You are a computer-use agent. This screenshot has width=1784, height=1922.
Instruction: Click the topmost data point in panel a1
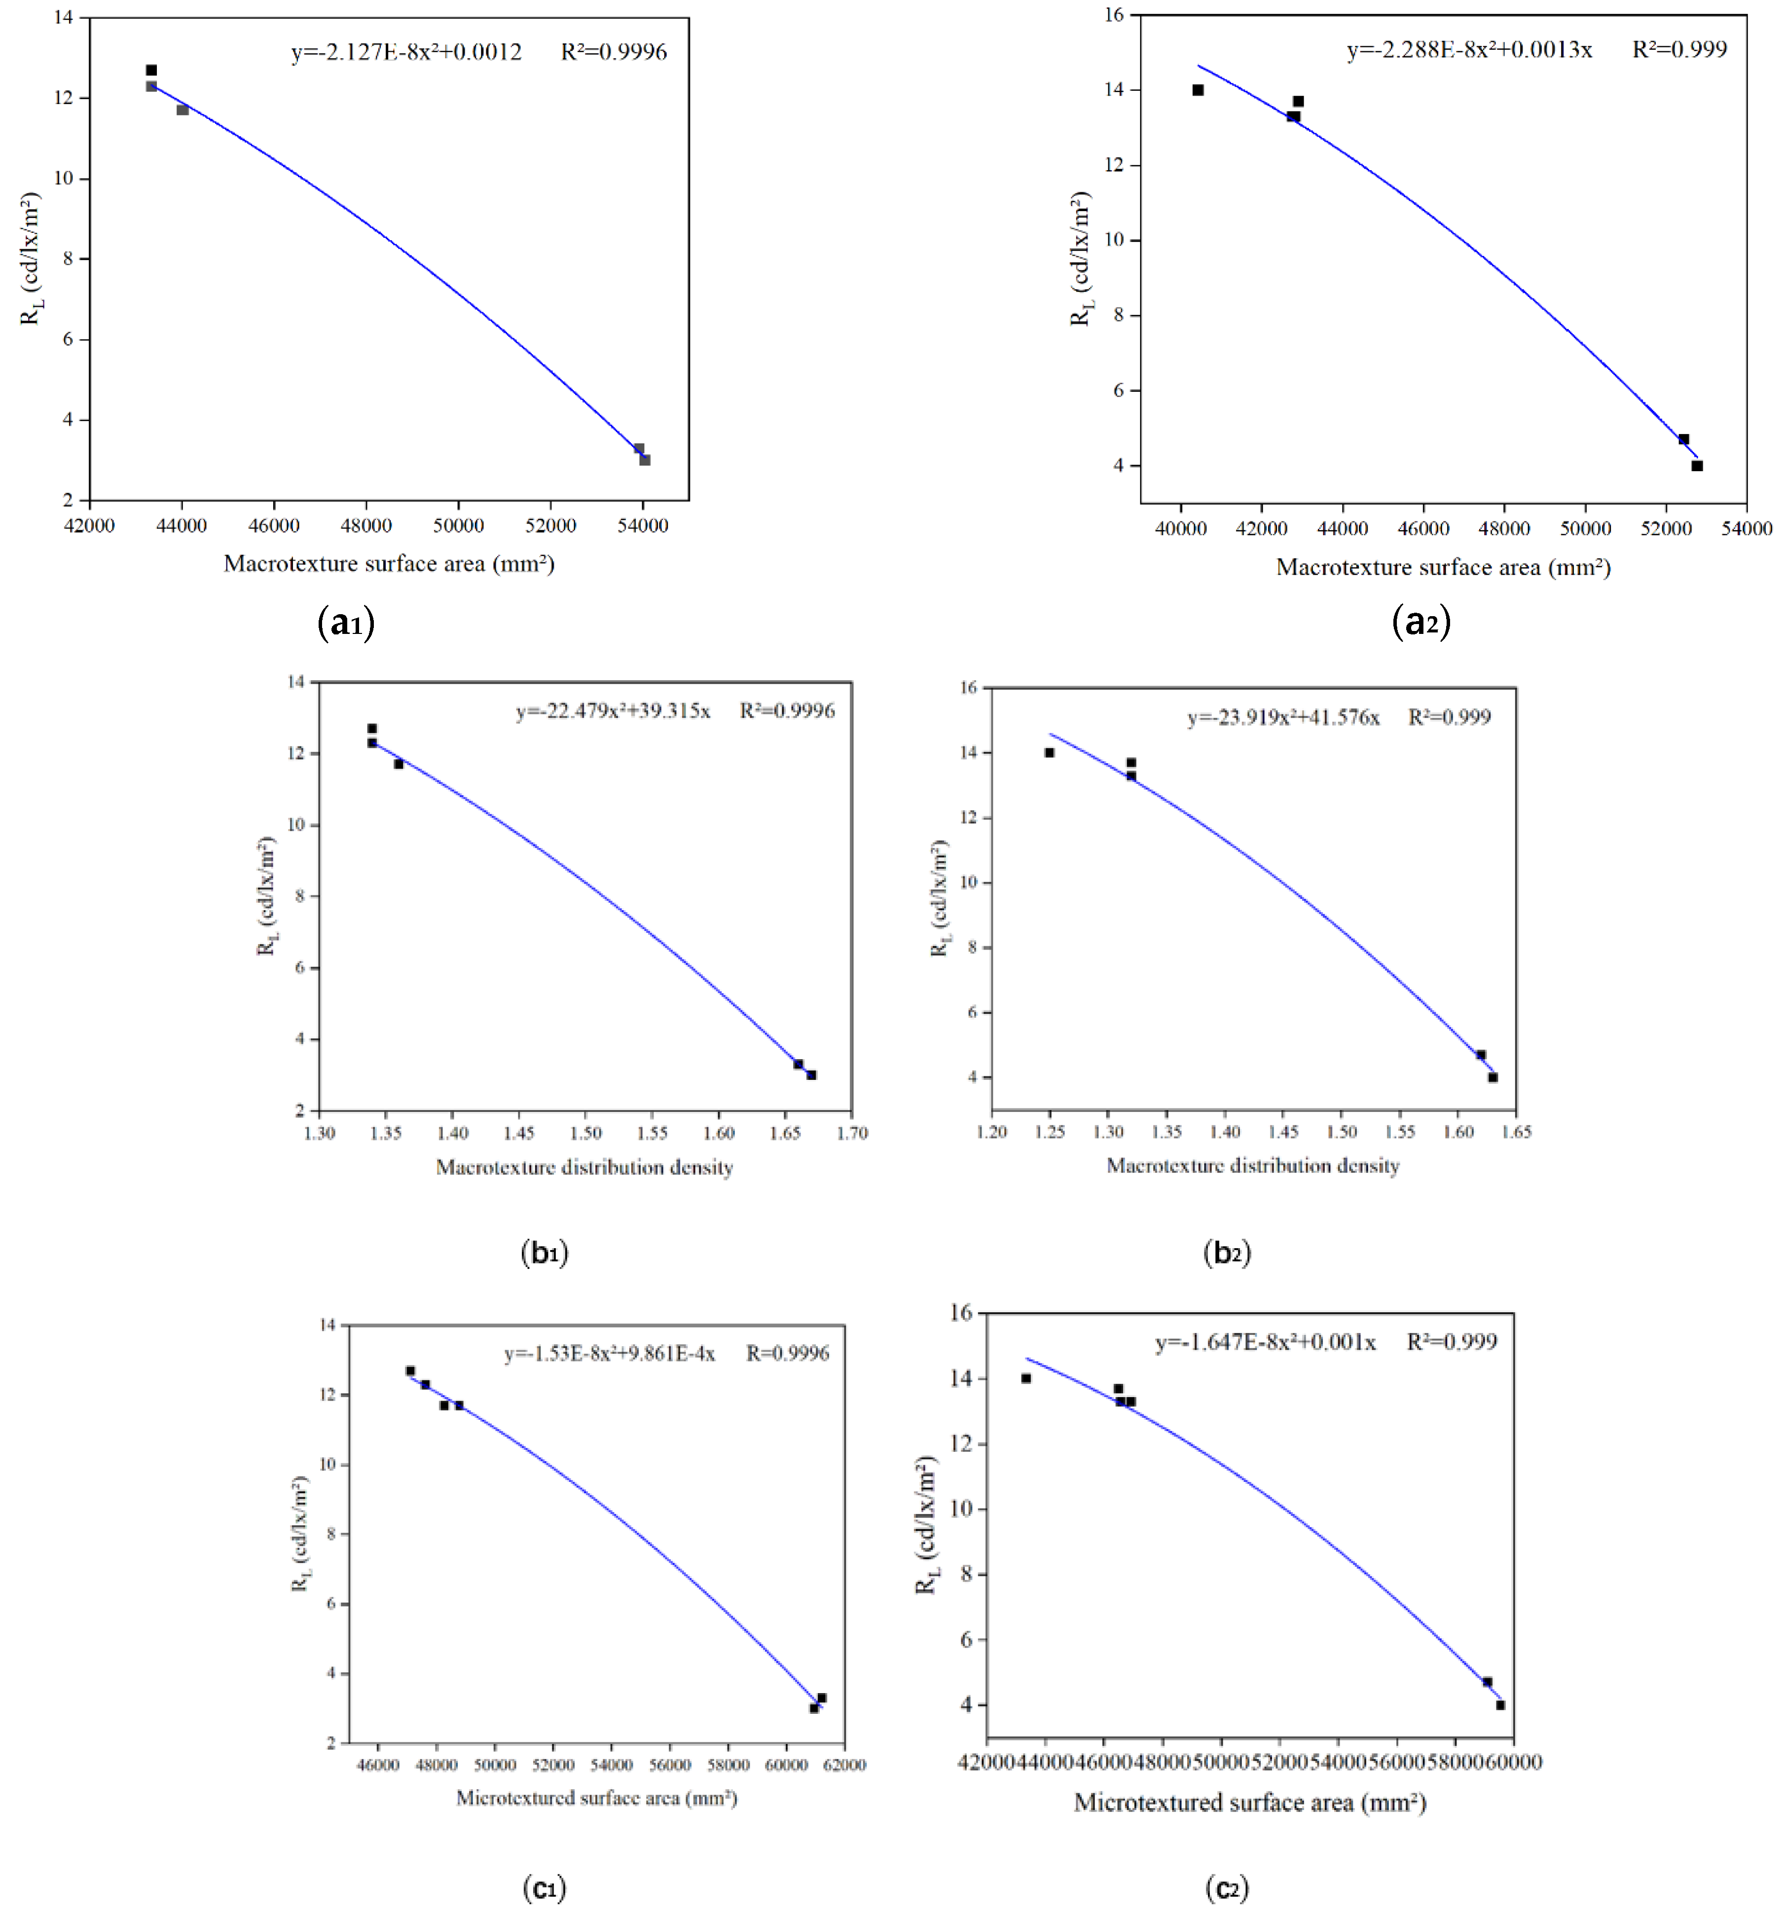point(151,71)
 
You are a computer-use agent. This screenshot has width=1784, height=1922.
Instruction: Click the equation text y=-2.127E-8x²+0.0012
point(406,52)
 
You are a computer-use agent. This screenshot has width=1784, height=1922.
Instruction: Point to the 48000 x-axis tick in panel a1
point(366,526)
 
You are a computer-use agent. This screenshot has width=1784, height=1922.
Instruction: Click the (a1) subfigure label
point(346,623)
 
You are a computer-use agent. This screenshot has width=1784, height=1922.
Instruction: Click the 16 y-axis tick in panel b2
point(968,687)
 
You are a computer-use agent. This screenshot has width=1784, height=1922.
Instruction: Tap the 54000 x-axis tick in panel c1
point(611,1765)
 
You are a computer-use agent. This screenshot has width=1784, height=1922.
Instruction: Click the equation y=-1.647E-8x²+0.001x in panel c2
point(1266,1342)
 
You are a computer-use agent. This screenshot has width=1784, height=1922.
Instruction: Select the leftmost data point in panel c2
point(1026,1378)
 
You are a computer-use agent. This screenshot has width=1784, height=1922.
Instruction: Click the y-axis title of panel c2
point(927,1525)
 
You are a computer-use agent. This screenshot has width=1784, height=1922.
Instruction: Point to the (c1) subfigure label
point(544,1887)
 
